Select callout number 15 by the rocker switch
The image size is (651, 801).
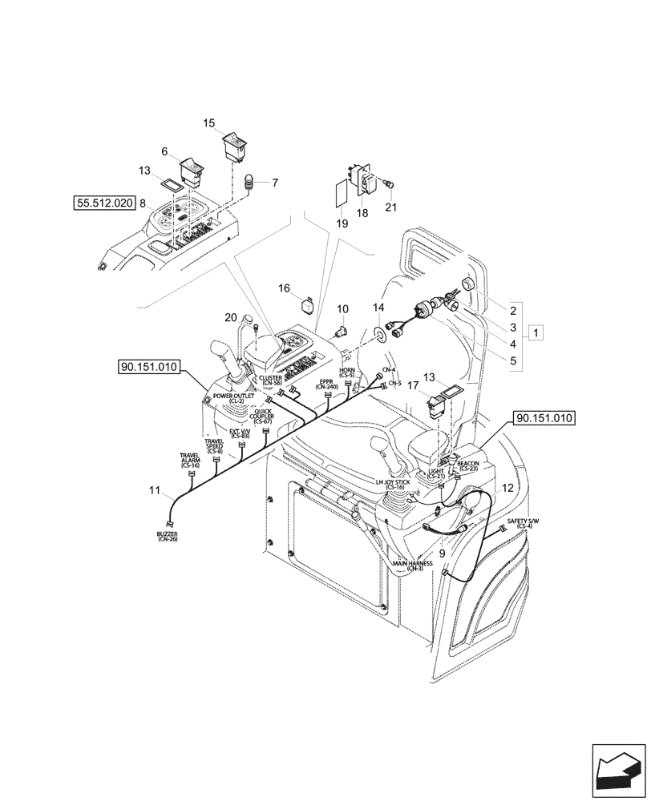tap(209, 123)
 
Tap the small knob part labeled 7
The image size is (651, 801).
tap(248, 183)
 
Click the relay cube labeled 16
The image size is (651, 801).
tap(309, 304)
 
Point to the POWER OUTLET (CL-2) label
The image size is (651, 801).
tap(233, 397)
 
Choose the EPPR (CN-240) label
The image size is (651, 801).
tap(326, 384)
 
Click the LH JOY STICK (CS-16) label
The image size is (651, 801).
tap(394, 484)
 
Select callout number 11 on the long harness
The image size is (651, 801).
tap(154, 489)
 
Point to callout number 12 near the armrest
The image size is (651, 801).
tap(507, 487)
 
